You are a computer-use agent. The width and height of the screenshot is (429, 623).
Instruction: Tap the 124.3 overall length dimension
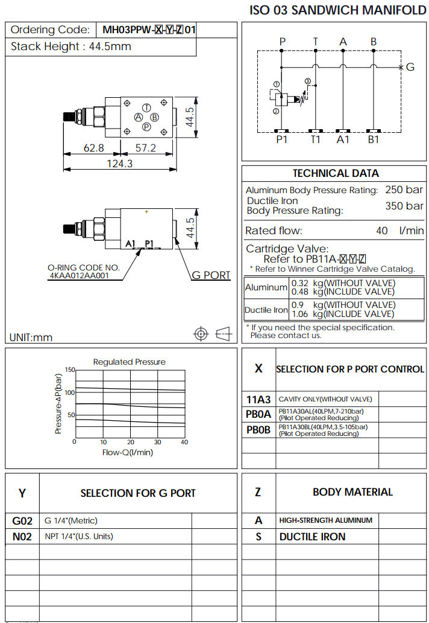pos(119,164)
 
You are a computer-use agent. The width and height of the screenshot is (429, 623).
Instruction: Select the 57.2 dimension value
pos(145,148)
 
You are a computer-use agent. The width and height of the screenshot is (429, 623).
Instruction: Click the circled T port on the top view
pos(146,107)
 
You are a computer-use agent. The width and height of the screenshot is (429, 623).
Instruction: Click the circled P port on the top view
pos(146,127)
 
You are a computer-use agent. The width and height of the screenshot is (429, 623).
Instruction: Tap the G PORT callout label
pos(211,275)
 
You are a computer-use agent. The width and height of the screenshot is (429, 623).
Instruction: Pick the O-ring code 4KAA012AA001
pos(79,275)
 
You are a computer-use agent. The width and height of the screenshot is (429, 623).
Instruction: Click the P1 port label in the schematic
pos(281,139)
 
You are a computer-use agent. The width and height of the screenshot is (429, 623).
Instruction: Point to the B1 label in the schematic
pos(374,139)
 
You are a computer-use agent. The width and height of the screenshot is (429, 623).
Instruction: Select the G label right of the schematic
pos(410,67)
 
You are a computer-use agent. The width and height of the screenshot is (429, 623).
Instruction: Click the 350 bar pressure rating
pos(404,206)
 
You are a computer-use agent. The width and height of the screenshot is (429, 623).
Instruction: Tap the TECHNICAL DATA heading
pos(336,173)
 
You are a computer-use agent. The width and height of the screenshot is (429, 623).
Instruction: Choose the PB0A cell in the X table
pos(259,415)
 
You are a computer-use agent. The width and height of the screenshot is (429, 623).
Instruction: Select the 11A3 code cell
pos(259,399)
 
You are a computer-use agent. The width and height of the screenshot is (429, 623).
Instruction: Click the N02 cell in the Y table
pos(22,536)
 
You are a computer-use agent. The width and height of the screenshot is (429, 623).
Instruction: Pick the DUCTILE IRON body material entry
pos(312,537)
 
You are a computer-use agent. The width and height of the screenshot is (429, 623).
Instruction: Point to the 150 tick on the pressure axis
pos(70,369)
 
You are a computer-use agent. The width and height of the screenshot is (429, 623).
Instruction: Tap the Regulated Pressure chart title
pos(129,362)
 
